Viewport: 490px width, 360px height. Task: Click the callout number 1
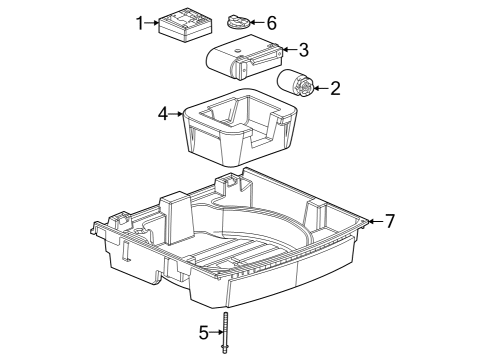click(x=140, y=23)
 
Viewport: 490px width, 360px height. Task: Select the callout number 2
click(x=335, y=88)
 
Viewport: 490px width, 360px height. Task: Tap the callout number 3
click(x=303, y=50)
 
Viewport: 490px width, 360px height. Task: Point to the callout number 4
click(x=163, y=114)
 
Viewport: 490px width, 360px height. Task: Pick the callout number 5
click(x=204, y=332)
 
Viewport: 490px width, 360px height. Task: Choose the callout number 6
click(x=272, y=23)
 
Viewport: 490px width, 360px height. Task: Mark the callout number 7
click(x=390, y=221)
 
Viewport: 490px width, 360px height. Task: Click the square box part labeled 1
click(x=185, y=25)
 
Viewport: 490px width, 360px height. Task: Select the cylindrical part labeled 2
click(x=295, y=84)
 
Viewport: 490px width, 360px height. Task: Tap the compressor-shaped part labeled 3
click(x=244, y=57)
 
